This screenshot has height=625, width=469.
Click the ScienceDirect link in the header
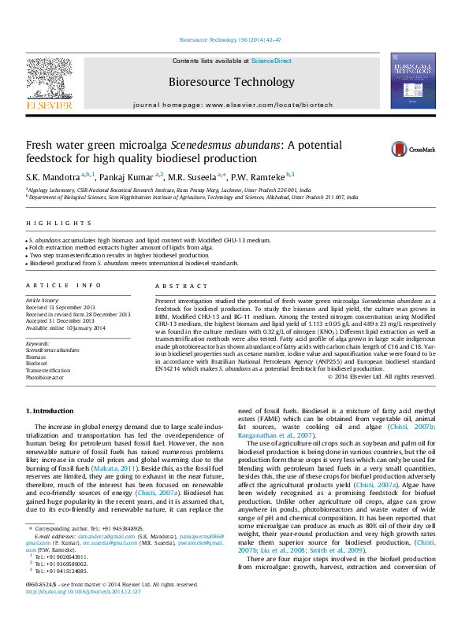tap(271, 61)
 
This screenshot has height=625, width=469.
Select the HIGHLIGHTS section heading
tap(47, 224)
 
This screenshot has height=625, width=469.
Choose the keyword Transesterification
tap(48, 369)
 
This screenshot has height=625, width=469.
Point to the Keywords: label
tap(39, 344)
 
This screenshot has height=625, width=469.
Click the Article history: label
tap(43, 301)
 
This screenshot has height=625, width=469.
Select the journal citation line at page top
tap(234, 39)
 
